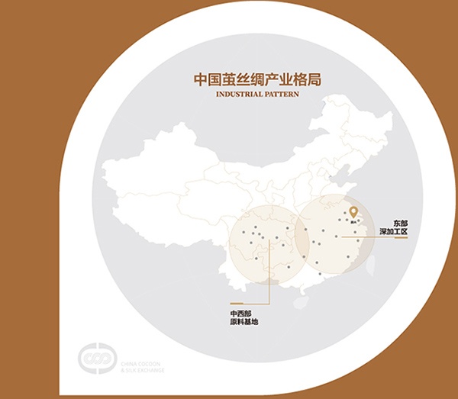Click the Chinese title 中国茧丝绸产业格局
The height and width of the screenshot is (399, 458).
tap(245, 79)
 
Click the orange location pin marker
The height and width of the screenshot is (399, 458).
tap(353, 214)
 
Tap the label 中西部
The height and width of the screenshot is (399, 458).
tap(240, 314)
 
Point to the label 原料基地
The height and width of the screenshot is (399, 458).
tap(244, 323)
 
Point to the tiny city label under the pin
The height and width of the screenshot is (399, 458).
tap(353, 224)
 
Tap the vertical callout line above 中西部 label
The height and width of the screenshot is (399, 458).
tap(269, 294)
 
